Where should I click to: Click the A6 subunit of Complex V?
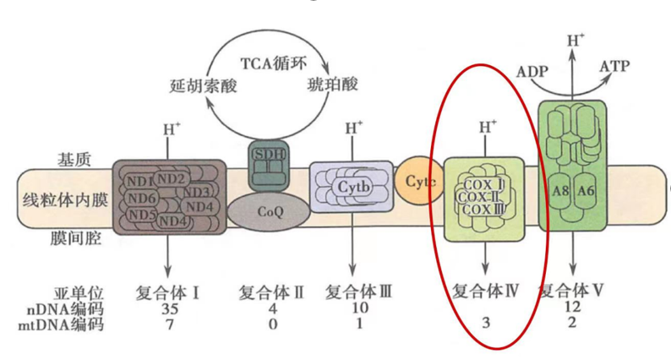[586, 191]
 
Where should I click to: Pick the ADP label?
[532, 72]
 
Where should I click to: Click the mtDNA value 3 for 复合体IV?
[486, 323]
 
